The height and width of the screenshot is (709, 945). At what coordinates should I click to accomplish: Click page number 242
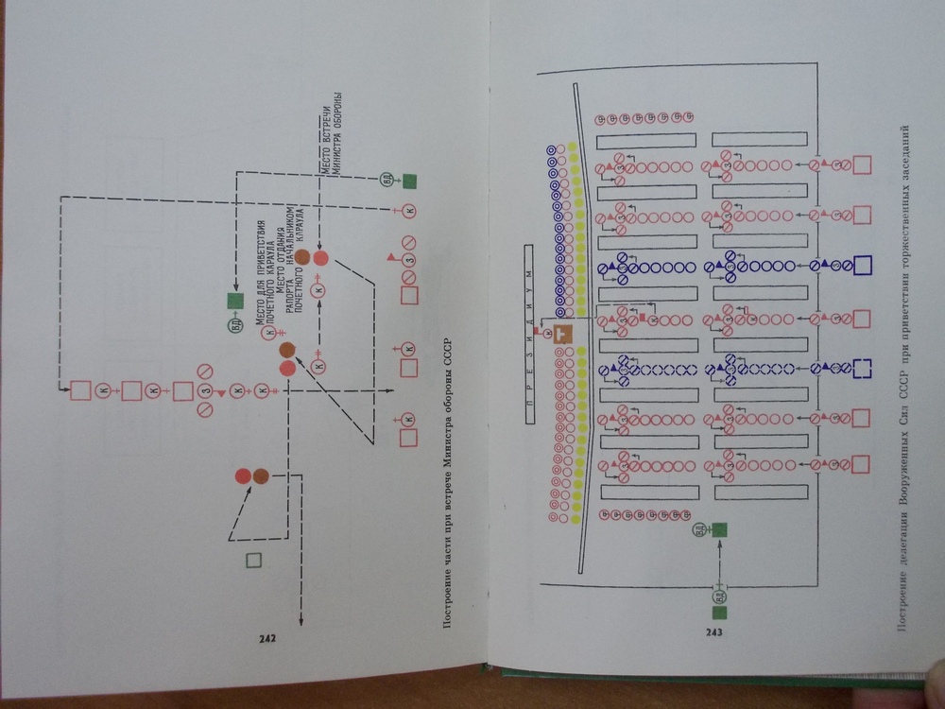click(266, 638)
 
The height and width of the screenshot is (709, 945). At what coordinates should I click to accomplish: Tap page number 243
click(713, 632)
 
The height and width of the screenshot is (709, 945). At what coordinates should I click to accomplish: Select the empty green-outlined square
click(251, 560)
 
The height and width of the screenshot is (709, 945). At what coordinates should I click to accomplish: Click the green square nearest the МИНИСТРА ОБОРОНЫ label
click(409, 180)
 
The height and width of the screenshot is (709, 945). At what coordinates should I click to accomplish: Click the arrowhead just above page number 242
click(301, 620)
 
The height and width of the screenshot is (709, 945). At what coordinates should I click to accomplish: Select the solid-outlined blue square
click(861, 266)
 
